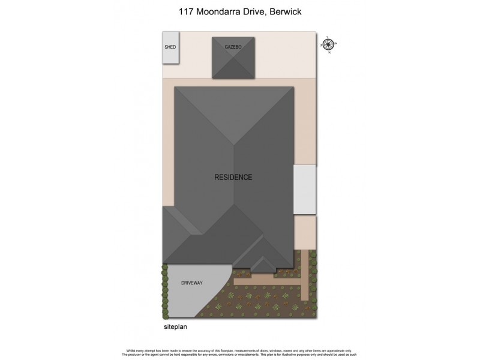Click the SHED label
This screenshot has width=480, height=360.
click(170, 46)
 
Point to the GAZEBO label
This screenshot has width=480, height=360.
click(233, 46)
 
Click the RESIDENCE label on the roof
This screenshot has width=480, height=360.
click(233, 178)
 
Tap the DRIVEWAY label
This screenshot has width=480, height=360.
click(193, 281)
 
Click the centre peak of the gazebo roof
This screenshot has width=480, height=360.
click(233, 58)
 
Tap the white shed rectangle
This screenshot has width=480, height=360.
click(170, 54)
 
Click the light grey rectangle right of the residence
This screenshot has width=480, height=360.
click(304, 189)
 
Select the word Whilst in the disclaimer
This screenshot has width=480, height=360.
click(132, 350)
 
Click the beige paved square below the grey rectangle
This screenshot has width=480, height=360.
click(305, 231)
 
